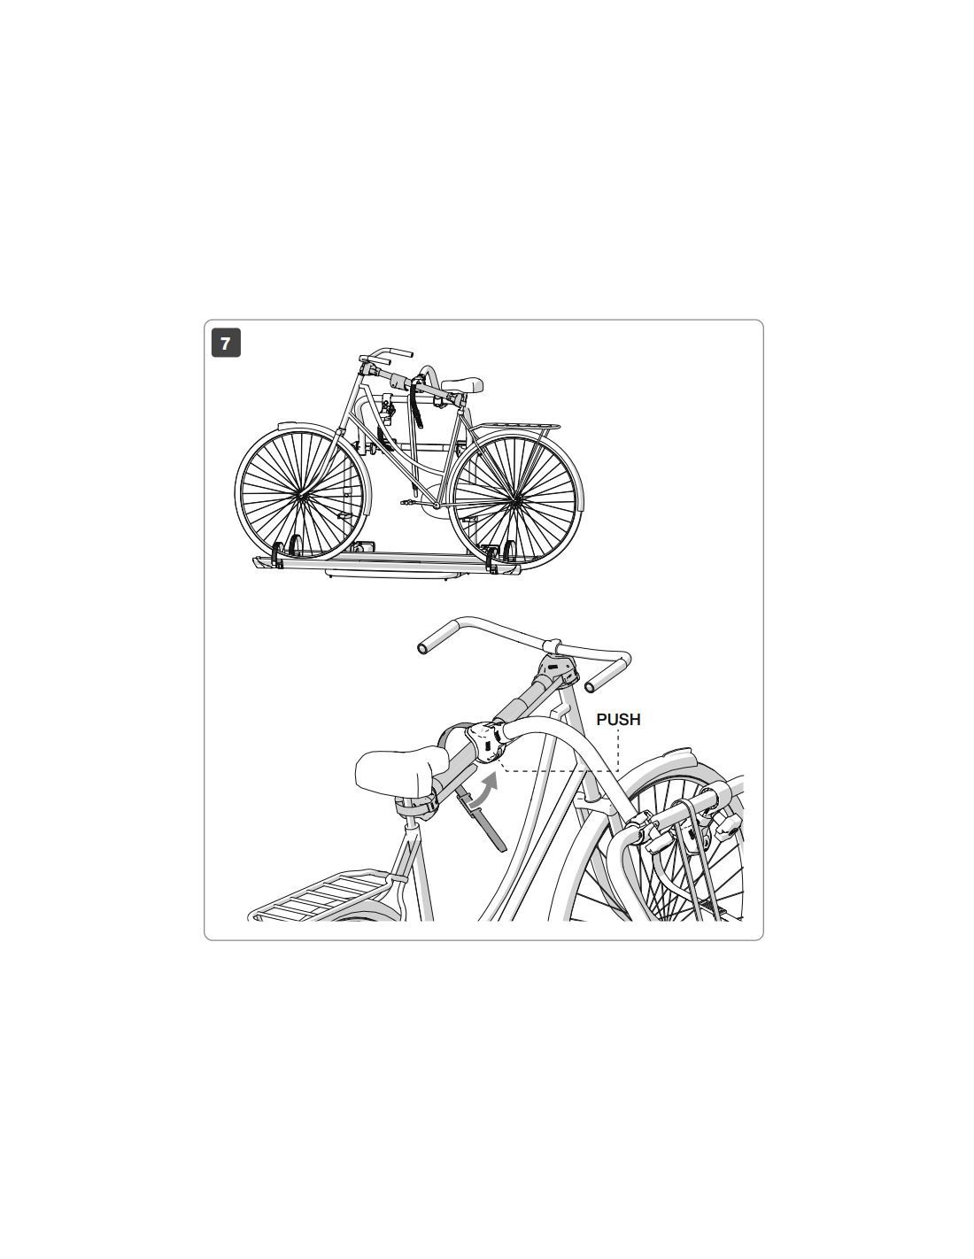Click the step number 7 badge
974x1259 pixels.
pos(226,343)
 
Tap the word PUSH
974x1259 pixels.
pos(618,719)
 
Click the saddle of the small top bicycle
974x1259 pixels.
pos(462,383)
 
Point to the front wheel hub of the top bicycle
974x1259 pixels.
pos(301,496)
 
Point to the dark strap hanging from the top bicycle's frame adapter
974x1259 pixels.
pos(416,405)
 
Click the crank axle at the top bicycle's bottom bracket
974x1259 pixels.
pos(435,506)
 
